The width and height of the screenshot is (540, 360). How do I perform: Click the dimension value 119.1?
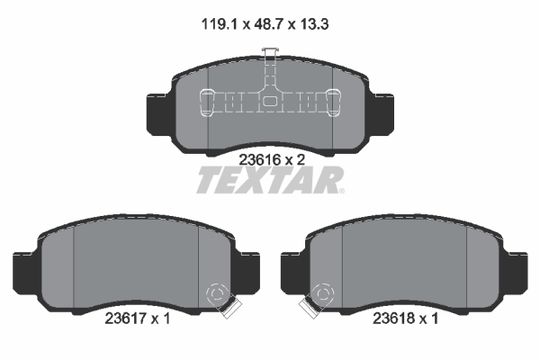click(x=218, y=25)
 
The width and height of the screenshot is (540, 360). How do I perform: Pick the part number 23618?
click(x=394, y=317)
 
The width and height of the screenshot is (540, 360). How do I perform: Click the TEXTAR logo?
click(x=269, y=181)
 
